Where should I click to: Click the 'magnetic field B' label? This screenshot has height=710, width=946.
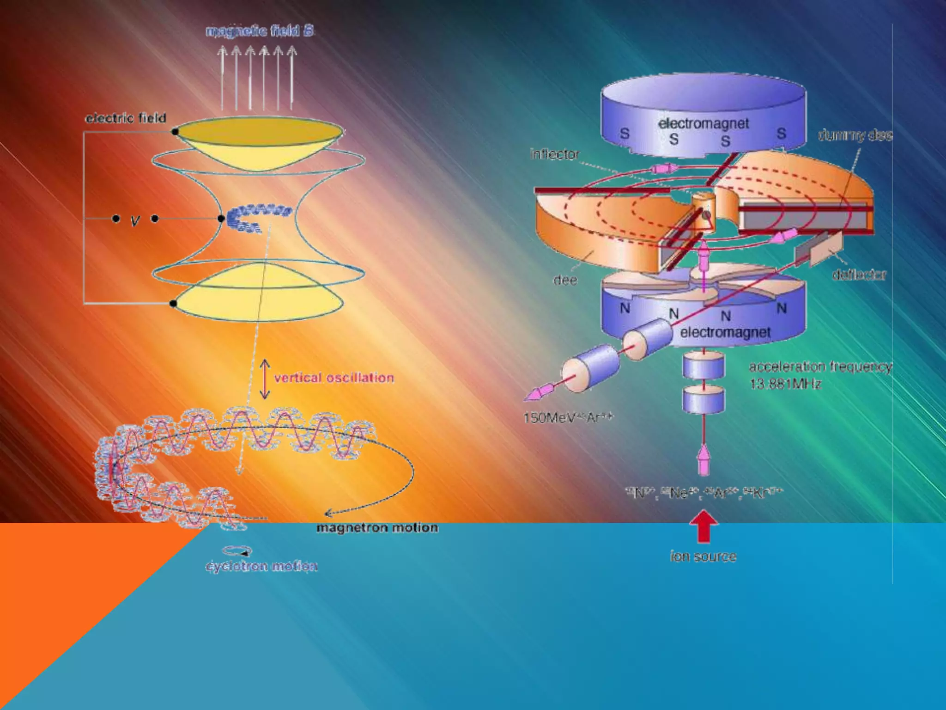coord(260,31)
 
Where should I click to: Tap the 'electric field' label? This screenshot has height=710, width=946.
coord(126,118)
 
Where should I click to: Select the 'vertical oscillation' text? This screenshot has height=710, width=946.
coord(334,378)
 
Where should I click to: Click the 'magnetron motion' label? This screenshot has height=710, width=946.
coord(377,527)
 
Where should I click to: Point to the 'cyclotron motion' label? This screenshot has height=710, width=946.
coord(261,566)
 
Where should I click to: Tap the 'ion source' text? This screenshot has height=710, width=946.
coord(703,557)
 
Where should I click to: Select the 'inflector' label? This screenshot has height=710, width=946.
coord(555,154)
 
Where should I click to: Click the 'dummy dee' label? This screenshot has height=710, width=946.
coord(855,135)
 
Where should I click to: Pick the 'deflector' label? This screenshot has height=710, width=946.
coord(859,275)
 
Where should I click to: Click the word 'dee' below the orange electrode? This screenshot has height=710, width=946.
coord(565,280)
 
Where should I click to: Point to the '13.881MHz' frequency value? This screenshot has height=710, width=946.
coord(785,384)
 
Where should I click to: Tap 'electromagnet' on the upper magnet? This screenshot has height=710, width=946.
coord(703,123)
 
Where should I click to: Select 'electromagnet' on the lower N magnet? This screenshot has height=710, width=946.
coord(725,332)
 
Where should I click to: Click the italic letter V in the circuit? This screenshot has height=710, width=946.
coord(135,220)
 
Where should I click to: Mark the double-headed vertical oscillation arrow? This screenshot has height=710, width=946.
coord(265,379)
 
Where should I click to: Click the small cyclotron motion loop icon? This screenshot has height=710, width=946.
coord(237,551)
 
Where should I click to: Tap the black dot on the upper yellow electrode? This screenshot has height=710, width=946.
coord(175,132)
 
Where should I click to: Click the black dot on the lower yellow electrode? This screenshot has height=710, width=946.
coord(173,304)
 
